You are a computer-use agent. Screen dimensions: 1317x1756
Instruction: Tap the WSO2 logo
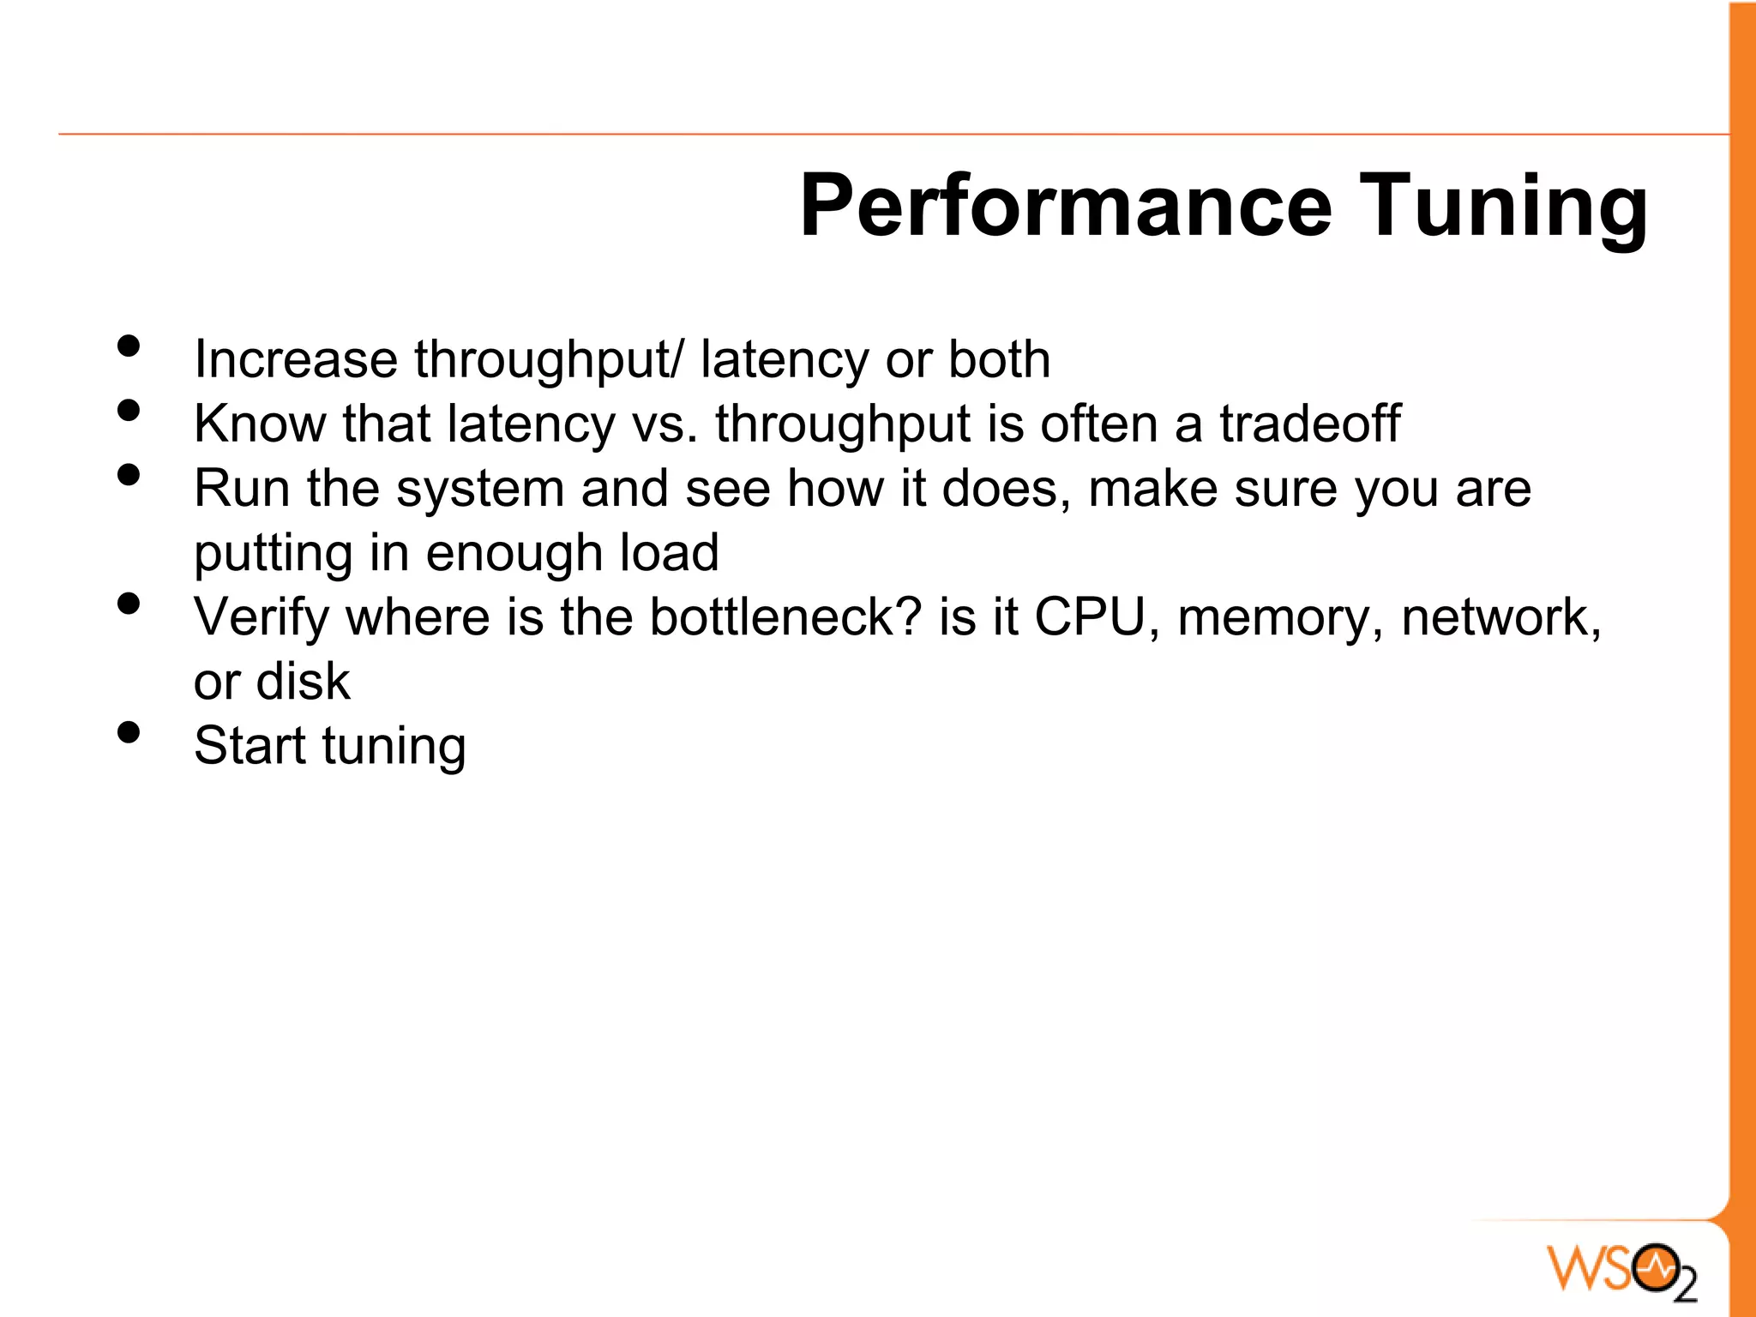(x=1621, y=1269)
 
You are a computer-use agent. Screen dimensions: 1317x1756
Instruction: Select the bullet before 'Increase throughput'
(x=129, y=346)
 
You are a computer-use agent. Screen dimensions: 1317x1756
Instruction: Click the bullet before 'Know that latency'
(x=129, y=411)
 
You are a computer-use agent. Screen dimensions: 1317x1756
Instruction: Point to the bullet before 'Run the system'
(x=129, y=475)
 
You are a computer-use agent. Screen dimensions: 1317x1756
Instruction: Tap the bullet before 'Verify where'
(x=129, y=604)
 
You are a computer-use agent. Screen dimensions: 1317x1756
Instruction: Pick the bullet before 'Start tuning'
(x=129, y=732)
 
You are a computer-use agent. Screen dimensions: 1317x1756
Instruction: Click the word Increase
(x=295, y=358)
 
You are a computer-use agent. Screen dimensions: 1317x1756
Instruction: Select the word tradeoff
(x=1309, y=424)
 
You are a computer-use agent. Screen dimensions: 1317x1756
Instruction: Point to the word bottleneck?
(x=785, y=616)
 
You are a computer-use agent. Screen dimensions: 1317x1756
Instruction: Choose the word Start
(x=249, y=745)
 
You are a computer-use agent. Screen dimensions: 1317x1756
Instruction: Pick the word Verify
(x=261, y=618)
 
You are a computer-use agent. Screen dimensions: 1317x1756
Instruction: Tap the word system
(x=479, y=490)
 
